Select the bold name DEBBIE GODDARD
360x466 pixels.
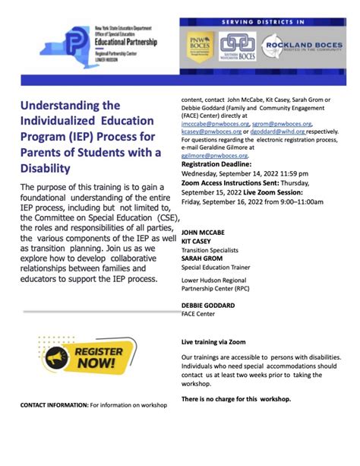click(x=207, y=305)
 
